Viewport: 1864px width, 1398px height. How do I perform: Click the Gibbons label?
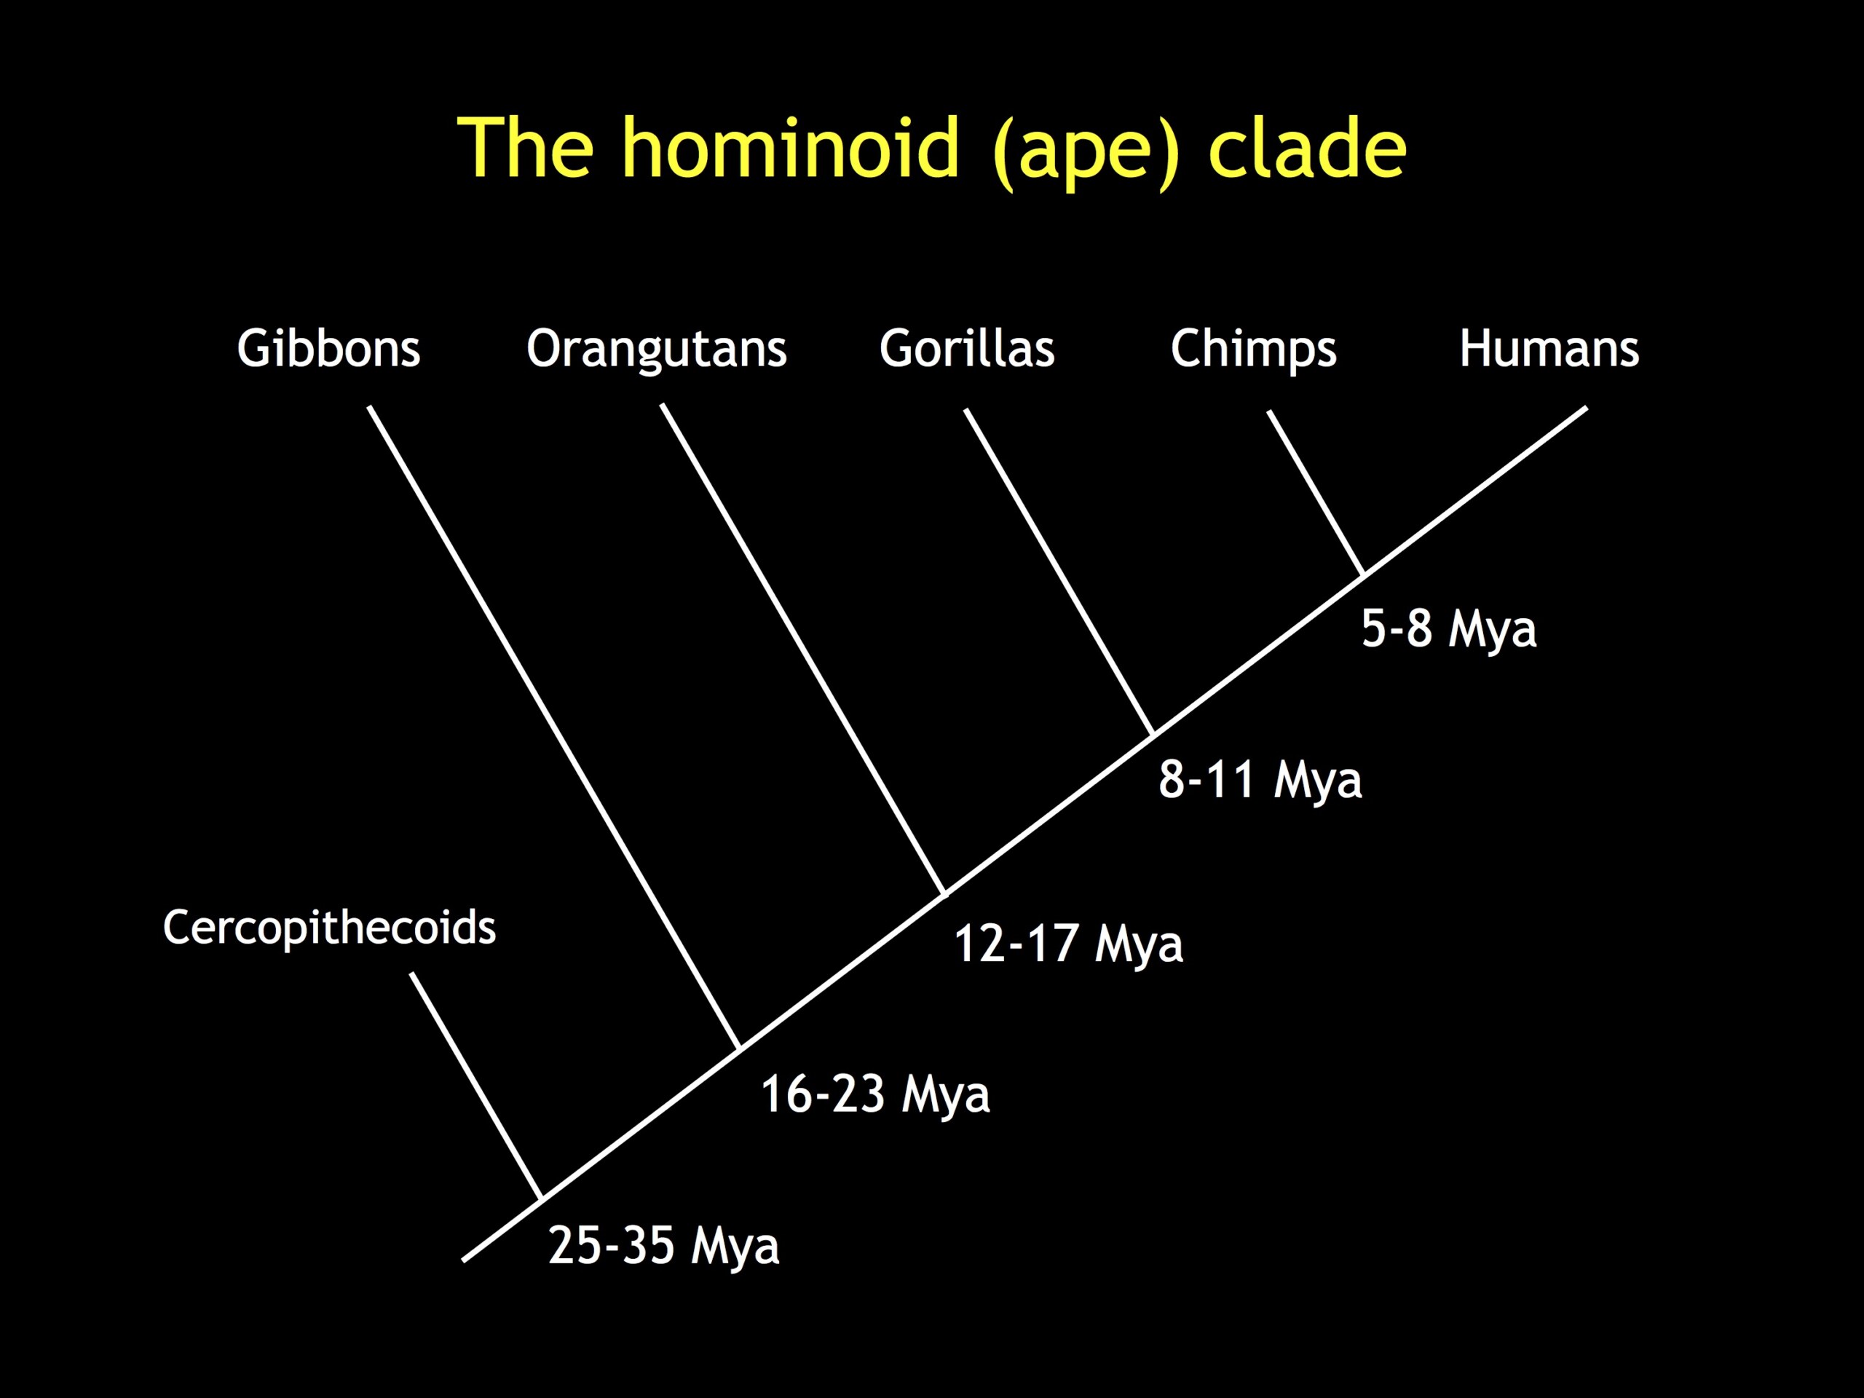[x=328, y=348]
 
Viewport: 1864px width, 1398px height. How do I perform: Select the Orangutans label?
[x=657, y=349]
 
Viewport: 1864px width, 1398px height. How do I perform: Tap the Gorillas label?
[x=966, y=348]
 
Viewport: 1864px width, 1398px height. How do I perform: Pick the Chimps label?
[x=1253, y=349]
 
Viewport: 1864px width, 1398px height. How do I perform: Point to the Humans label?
[x=1549, y=348]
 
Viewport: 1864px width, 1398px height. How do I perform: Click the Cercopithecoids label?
[x=330, y=928]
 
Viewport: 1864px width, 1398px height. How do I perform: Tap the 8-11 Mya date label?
[x=1260, y=781]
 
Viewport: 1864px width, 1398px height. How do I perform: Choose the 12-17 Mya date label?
[x=1067, y=944]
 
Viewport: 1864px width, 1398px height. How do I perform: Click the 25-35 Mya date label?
[x=663, y=1247]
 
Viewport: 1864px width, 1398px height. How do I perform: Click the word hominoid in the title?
[x=791, y=148]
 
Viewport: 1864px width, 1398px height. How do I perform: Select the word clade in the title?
[x=1307, y=148]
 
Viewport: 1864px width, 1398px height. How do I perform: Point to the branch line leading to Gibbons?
[x=553, y=728]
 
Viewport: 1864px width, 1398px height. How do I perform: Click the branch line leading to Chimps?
[x=1316, y=494]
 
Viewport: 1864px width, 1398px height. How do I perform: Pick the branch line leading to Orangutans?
[x=803, y=649]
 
